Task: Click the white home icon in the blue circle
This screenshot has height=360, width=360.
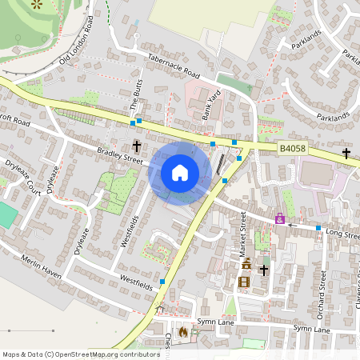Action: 180,173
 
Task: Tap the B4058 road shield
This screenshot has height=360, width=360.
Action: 292,149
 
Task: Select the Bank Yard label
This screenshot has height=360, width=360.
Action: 210,105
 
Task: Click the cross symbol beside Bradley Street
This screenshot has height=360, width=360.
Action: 137,146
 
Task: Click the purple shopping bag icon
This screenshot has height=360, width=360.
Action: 280,218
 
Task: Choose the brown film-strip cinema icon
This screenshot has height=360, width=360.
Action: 243,281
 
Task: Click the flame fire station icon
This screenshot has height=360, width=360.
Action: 183,331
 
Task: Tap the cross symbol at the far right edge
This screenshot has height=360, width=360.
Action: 346,153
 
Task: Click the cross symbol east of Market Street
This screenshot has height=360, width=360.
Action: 264,269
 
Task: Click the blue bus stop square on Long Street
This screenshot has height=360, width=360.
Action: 318,228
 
